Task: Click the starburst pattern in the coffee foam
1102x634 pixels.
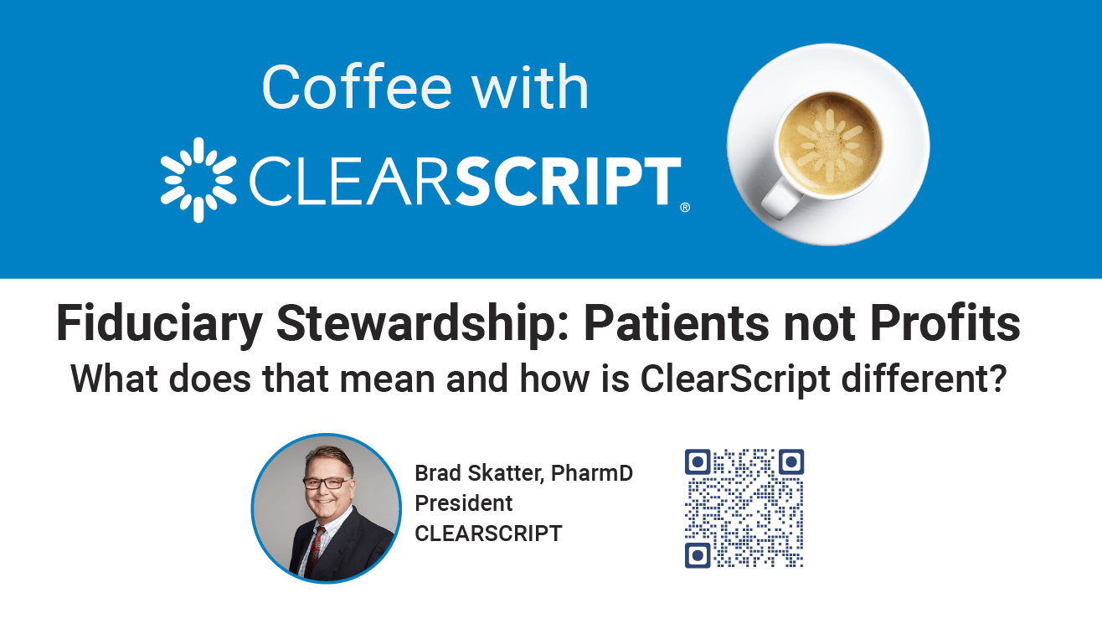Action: click(x=828, y=145)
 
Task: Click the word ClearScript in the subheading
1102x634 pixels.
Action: click(x=735, y=379)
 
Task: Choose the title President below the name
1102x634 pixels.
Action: click(x=464, y=503)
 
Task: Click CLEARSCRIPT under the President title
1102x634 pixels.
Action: click(x=488, y=533)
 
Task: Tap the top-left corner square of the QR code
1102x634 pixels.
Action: click(x=698, y=462)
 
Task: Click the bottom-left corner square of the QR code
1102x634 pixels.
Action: click(x=698, y=555)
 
